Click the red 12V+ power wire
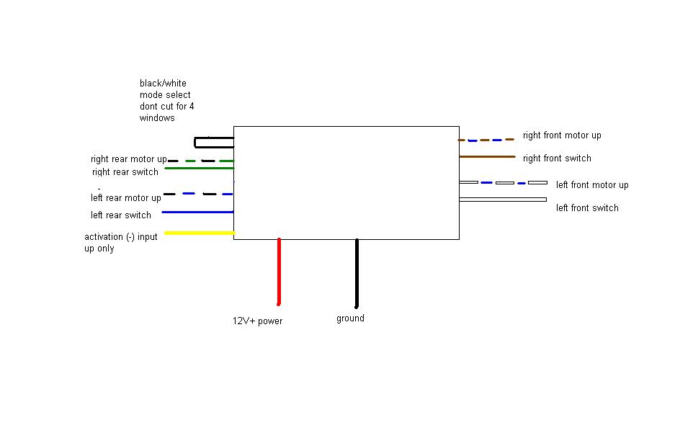(279, 272)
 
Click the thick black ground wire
(356, 272)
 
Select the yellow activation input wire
(200, 233)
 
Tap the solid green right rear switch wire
(200, 169)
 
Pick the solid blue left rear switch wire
(198, 212)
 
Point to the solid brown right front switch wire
(487, 156)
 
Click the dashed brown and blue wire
(486, 140)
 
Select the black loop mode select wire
(213, 142)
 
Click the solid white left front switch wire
(503, 200)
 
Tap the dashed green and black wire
(201, 161)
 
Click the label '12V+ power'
(257, 321)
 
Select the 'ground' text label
(350, 318)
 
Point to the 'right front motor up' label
(562, 135)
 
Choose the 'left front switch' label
(587, 208)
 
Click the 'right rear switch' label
(125, 172)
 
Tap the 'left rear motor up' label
(126, 198)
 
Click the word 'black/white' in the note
(163, 84)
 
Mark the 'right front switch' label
(557, 158)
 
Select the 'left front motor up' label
(592, 185)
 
